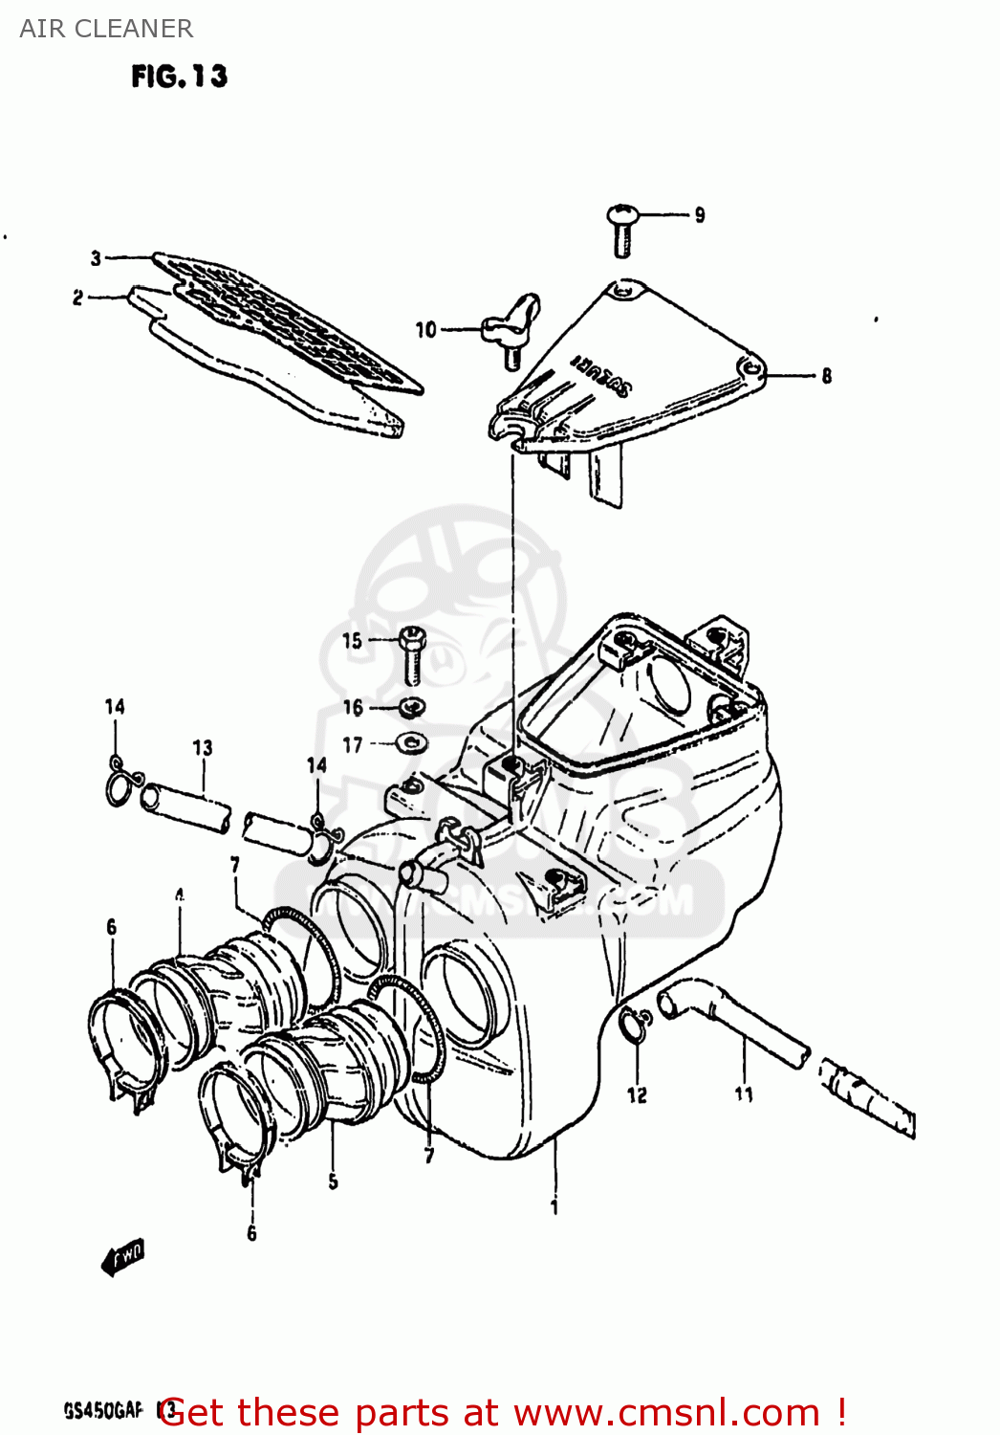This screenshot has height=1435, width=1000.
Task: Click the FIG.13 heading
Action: (x=180, y=77)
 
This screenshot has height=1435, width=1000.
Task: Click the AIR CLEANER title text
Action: (x=106, y=29)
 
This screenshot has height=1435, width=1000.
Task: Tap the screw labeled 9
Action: (x=622, y=229)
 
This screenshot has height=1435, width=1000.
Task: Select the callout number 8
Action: (x=826, y=376)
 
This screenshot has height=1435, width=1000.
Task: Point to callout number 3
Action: (x=96, y=257)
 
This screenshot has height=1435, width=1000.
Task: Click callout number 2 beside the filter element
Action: (x=78, y=298)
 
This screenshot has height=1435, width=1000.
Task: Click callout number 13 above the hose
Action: (x=203, y=748)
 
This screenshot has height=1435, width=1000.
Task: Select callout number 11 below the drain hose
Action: (x=744, y=1093)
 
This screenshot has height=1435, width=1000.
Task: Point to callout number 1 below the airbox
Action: (x=554, y=1208)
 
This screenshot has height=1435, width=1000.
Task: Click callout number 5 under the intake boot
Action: (x=333, y=1181)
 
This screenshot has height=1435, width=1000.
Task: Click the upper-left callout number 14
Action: (x=115, y=707)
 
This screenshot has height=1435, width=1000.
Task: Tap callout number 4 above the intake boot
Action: (x=180, y=895)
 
